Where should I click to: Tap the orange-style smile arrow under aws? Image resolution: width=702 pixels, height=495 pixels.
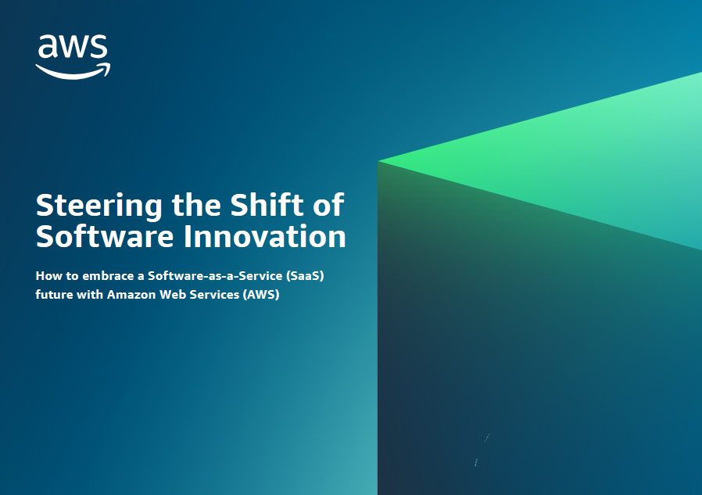pyautogui.click(x=73, y=72)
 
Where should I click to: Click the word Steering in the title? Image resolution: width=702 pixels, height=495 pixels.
pyautogui.click(x=99, y=206)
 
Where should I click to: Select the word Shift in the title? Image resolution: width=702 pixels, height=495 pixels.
pyautogui.click(x=267, y=205)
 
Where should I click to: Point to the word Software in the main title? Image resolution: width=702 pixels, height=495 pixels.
pyautogui.click(x=105, y=236)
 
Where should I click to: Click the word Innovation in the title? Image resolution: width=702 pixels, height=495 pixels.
pyautogui.click(x=265, y=236)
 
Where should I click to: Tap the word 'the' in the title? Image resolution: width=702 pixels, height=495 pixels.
pyautogui.click(x=196, y=205)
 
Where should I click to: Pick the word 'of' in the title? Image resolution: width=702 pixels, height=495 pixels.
pyautogui.click(x=328, y=205)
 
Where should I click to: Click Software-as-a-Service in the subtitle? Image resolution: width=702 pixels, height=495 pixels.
pyautogui.click(x=215, y=275)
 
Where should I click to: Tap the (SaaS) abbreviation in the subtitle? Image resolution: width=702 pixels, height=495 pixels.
pyautogui.click(x=305, y=276)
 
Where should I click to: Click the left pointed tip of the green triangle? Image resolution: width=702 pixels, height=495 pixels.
pyautogui.click(x=378, y=160)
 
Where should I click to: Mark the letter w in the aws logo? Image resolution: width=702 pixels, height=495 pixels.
pyautogui.click(x=73, y=48)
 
